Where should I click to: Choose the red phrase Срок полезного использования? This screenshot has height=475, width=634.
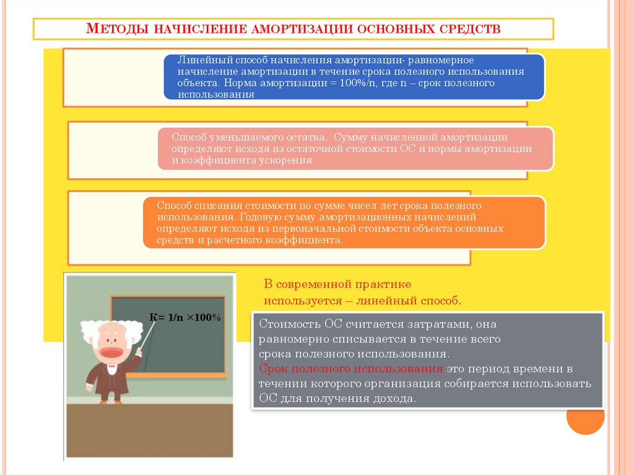click(351, 369)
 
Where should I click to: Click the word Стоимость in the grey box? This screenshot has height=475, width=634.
click(286, 324)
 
